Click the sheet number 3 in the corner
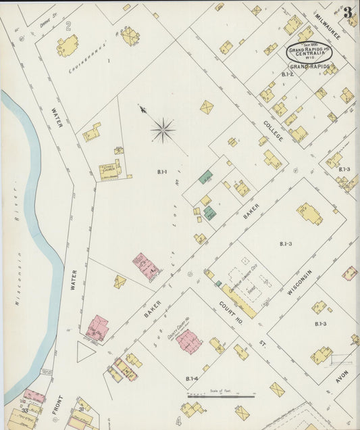[347, 12]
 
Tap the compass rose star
[163, 129]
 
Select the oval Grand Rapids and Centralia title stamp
[308, 53]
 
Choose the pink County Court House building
[188, 341]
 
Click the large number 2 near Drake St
[68, 26]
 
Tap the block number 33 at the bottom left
[24, 410]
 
